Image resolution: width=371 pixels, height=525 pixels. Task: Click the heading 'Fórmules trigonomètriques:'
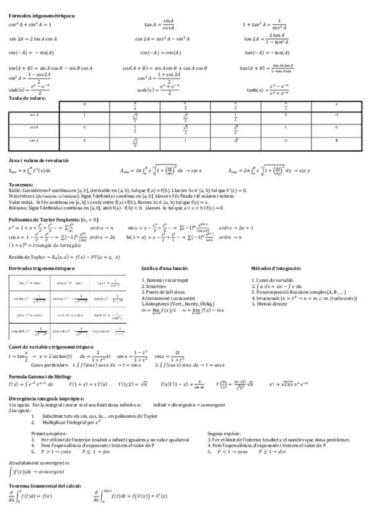pyautogui.click(x=41, y=15)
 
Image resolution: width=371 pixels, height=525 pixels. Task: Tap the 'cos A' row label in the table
pyautogui.click(x=34, y=115)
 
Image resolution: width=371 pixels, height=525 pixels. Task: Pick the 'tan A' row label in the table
pyautogui.click(x=34, y=140)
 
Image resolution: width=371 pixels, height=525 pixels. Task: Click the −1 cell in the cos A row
pyautogui.click(x=336, y=115)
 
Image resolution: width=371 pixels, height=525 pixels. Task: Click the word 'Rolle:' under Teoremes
pyautogui.click(x=15, y=190)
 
